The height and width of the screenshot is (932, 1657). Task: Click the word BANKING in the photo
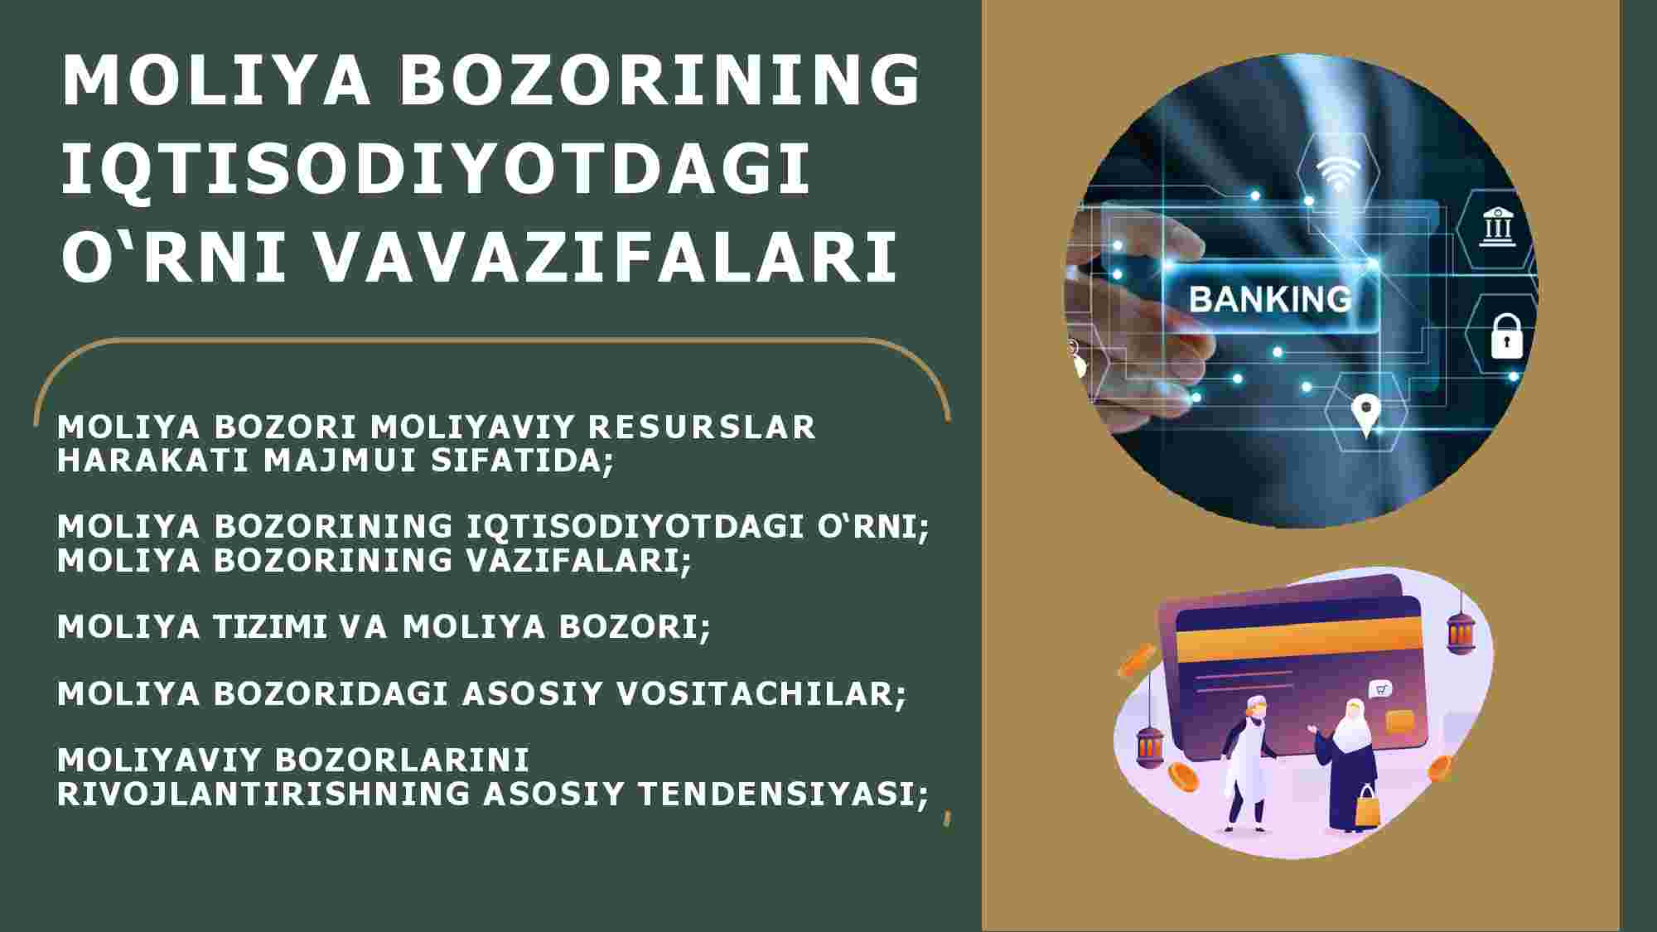(x=1270, y=298)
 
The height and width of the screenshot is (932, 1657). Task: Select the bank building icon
(x=1499, y=226)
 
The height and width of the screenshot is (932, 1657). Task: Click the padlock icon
(x=1506, y=335)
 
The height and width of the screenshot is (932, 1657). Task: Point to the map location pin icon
(x=1365, y=414)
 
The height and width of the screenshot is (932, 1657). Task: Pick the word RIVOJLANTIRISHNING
(x=262, y=793)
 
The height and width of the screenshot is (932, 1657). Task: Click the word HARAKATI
(x=153, y=461)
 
